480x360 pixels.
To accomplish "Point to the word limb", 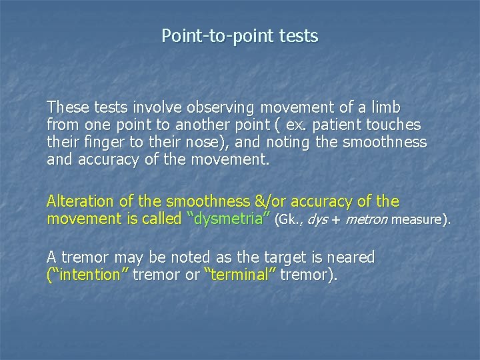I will point(387,107).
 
